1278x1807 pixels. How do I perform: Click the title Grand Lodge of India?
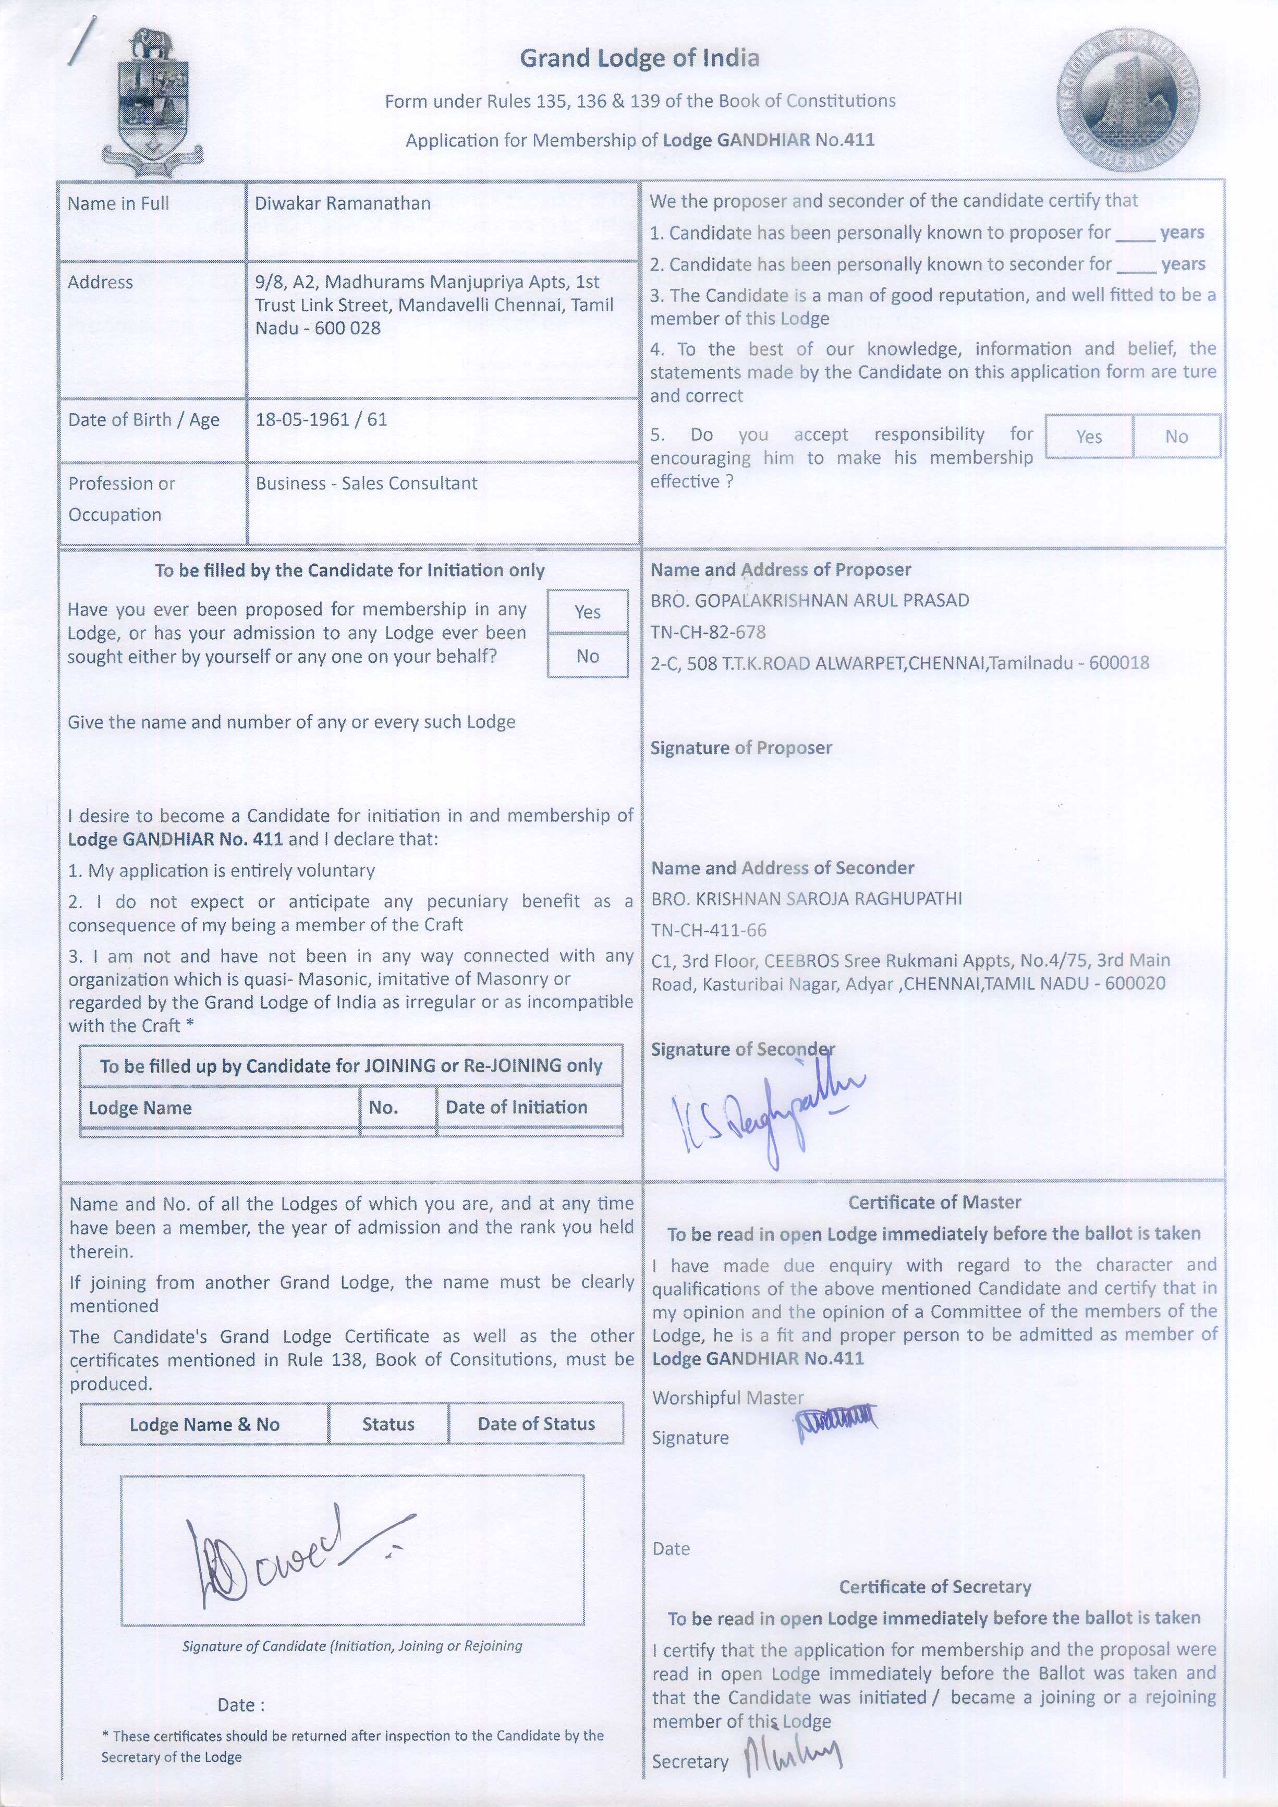[x=639, y=58]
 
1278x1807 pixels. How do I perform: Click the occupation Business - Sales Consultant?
[x=366, y=483]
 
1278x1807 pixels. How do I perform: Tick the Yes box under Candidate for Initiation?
[x=587, y=612]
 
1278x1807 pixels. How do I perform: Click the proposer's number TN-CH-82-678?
[x=708, y=632]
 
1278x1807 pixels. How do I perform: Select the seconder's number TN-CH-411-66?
[x=708, y=930]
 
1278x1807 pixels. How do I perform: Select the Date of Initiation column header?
[x=516, y=1107]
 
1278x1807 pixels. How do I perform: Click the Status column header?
[x=388, y=1424]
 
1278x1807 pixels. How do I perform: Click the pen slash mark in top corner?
[x=79, y=39]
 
